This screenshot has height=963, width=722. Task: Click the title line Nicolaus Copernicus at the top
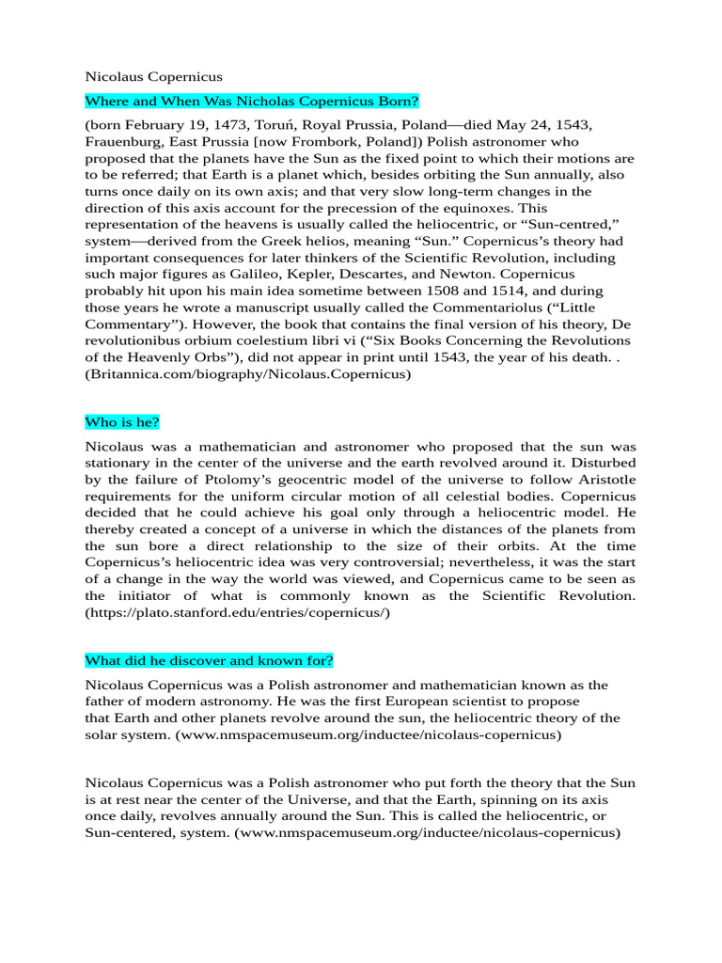[x=154, y=76]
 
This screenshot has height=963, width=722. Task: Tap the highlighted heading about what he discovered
[x=210, y=659]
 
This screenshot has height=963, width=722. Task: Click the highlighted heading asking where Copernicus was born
[x=252, y=101]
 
